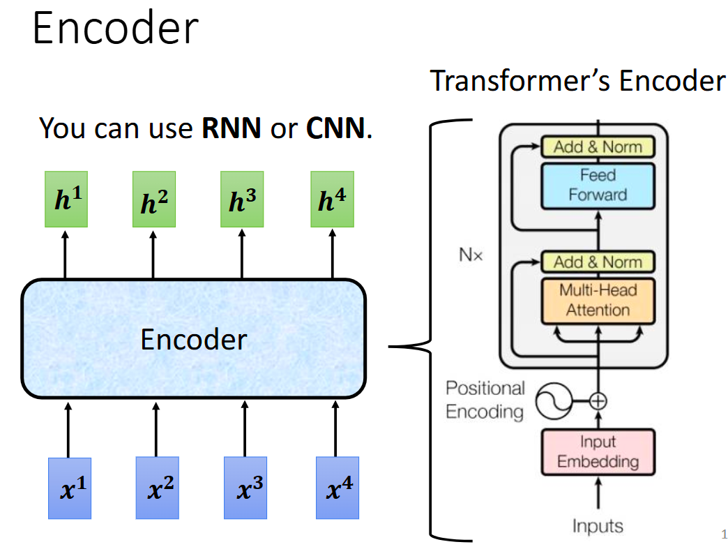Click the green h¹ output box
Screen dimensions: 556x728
pos(66,199)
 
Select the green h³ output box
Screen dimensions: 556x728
pos(242,199)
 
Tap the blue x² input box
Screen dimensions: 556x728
pos(157,488)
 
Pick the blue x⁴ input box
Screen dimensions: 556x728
pos(337,488)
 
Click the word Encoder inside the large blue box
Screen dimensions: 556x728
pos(193,340)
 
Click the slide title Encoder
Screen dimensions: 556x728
pos(115,29)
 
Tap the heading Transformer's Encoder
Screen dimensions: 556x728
pos(577,81)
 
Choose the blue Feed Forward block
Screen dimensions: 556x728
pos(598,186)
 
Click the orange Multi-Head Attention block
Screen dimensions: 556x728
pos(598,300)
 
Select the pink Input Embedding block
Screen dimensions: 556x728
pos(598,452)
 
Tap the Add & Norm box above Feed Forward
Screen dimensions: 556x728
pos(598,146)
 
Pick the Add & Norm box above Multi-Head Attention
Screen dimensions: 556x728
pos(598,262)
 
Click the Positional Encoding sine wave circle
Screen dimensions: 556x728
pos(554,401)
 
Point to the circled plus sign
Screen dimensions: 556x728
pos(598,401)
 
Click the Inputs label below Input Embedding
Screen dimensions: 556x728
pos(598,525)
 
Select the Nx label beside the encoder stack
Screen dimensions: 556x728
pos(470,255)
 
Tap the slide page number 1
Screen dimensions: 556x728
pos(723,535)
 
